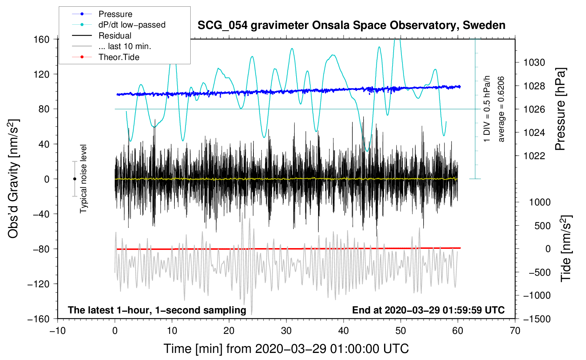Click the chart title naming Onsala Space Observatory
[x=351, y=25]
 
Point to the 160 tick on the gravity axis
[x=42, y=39]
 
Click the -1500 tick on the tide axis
[x=537, y=319]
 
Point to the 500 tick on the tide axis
[x=542, y=226]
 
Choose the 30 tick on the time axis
[x=286, y=331]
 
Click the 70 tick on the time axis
[x=515, y=331]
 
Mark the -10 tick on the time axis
[x=58, y=331]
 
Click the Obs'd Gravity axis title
[x=13, y=179]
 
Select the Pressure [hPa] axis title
[x=560, y=109]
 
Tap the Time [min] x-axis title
[x=286, y=349]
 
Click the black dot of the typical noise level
[x=74, y=179]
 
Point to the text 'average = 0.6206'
[x=501, y=109]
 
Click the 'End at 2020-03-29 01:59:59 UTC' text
[x=428, y=310]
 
